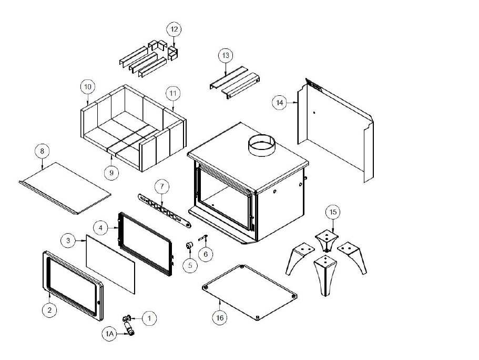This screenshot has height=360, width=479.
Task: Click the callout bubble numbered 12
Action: tap(174, 28)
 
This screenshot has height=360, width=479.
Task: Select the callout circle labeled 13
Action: tap(225, 55)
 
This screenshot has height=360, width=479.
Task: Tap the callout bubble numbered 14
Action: tap(280, 102)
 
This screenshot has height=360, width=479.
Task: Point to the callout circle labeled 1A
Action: tap(109, 333)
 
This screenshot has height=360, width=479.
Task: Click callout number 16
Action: tap(220, 317)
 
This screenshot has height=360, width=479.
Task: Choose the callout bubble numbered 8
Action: tap(42, 151)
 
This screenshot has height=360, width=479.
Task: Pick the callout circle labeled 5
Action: tap(190, 265)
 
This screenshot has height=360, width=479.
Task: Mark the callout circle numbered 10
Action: tap(87, 86)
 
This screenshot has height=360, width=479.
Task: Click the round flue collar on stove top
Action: tap(261, 146)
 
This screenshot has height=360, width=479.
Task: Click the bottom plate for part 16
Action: tap(250, 292)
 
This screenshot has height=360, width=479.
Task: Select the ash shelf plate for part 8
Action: tap(66, 187)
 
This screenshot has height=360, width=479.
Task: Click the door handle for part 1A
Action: tap(128, 329)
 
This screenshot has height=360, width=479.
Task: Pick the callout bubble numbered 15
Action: tap(332, 212)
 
